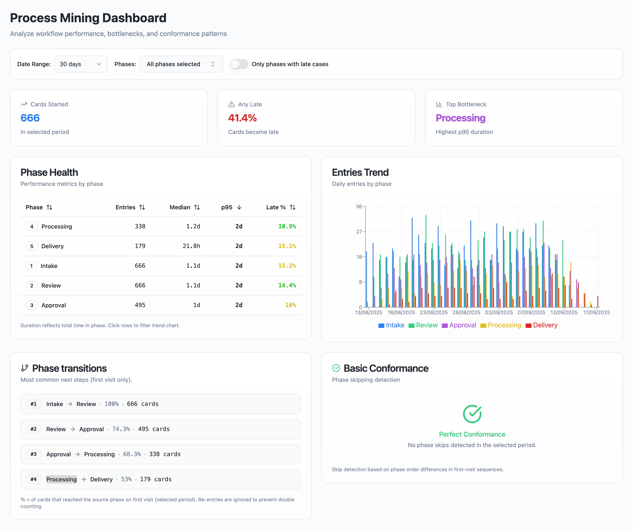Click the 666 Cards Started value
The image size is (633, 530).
(30, 118)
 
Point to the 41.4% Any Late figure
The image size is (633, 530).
(242, 118)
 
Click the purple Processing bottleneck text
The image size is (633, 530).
(460, 118)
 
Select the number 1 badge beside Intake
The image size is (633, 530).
(31, 266)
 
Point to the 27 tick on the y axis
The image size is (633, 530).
(359, 232)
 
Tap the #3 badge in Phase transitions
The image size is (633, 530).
(33, 454)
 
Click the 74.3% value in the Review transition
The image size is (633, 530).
(121, 429)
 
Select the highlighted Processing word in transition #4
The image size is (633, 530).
(62, 479)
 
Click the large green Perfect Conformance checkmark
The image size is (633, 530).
(472, 414)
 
